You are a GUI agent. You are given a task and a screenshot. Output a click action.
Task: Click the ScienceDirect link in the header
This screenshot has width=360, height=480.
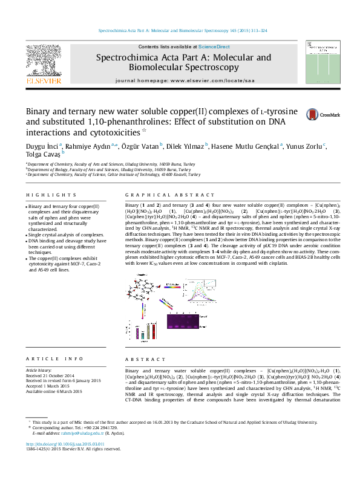(214, 47)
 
